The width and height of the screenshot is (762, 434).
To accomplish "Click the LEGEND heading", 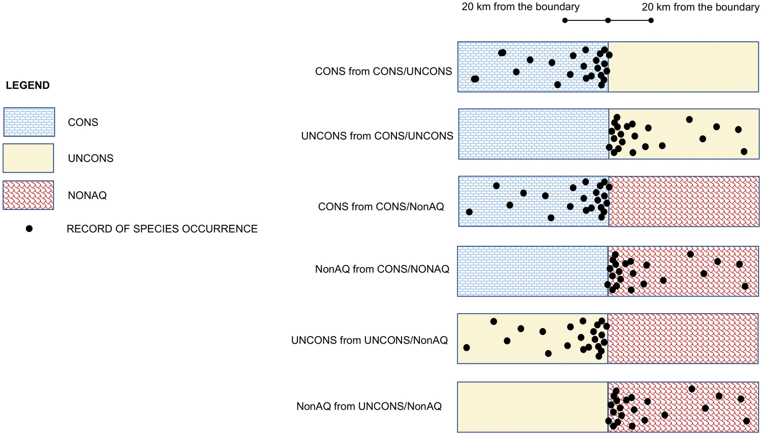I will (27, 85).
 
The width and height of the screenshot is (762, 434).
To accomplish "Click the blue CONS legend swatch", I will (29, 122).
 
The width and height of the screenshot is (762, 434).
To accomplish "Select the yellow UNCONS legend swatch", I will (28, 158).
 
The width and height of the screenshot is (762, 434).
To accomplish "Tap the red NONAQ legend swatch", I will (28, 195).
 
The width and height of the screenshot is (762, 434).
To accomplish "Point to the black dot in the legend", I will (29, 229).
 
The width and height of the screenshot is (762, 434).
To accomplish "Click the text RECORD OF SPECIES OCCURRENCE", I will (162, 229).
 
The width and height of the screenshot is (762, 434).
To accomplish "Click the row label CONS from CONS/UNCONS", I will (383, 72).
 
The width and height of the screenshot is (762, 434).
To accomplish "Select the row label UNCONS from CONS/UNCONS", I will (377, 136).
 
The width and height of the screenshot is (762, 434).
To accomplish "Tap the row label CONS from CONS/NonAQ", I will (381, 207).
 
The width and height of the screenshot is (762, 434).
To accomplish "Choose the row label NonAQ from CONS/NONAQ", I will (382, 269).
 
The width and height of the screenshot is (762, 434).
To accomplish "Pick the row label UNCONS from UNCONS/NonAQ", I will (369, 340).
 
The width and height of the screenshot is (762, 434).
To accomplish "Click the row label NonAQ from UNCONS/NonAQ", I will (369, 406).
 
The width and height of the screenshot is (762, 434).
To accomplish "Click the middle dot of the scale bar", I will (608, 20).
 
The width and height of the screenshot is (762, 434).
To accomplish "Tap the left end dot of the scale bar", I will (565, 20).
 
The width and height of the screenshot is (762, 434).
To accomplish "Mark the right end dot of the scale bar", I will (651, 20).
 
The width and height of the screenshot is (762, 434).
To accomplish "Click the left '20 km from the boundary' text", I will (520, 7).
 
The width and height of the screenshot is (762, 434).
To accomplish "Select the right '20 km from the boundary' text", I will (700, 7).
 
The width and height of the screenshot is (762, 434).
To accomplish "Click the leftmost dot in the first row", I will (475, 79).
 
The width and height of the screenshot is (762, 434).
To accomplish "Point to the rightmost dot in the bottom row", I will (746, 421).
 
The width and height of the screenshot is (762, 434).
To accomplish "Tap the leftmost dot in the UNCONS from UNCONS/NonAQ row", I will (467, 348).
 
